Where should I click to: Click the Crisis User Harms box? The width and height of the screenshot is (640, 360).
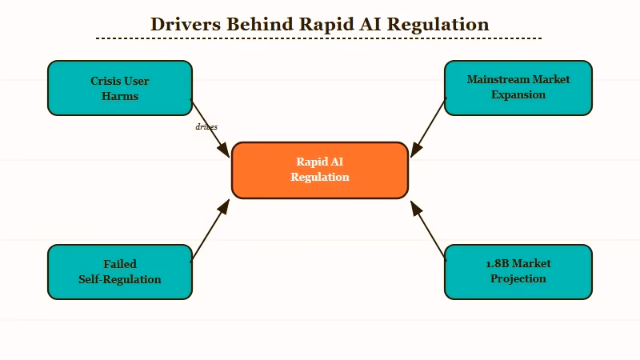point(120,88)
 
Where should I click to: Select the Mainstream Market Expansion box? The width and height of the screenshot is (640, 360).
point(518,87)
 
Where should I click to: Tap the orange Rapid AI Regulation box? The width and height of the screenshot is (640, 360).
point(320,170)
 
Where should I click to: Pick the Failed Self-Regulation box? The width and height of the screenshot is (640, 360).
point(120,272)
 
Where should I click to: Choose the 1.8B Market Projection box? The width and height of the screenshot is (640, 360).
point(518,272)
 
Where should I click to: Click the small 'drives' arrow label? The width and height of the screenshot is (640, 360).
point(206,126)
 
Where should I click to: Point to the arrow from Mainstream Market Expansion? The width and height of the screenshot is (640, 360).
point(428,127)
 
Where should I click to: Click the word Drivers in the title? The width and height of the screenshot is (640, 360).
point(186,24)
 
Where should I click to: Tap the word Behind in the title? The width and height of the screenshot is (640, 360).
point(261,24)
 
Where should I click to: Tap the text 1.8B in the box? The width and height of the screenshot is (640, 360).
point(498,263)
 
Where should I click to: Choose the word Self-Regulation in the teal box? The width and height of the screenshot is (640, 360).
point(120,279)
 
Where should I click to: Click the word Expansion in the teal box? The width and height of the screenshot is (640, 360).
point(518,94)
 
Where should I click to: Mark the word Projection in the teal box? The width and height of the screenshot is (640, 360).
point(518,278)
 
